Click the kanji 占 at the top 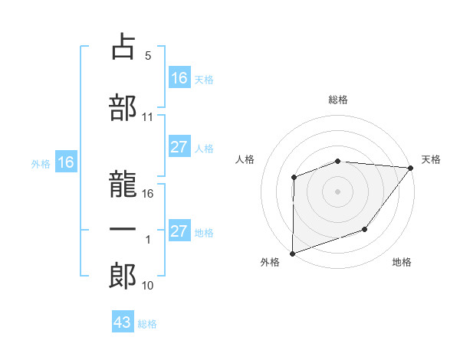pos(123,48)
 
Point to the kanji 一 pos(123,231)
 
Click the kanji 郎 pos(123,274)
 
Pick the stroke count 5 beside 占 pos(147,56)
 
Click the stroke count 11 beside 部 pos(148,117)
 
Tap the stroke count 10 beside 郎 pos(148,286)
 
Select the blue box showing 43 pos(122,322)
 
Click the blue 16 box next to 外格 pos(65,162)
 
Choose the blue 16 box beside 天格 pos(179,78)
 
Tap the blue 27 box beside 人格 pos(179,148)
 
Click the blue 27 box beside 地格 pos(179,231)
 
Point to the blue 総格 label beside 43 pos(147,324)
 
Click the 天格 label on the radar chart pos(431,159)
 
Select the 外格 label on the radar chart pos(270,263)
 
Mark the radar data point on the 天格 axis pos(412,168)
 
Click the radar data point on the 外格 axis pos(293,253)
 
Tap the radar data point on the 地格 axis pos(365,229)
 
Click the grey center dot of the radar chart pos(337,191)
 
